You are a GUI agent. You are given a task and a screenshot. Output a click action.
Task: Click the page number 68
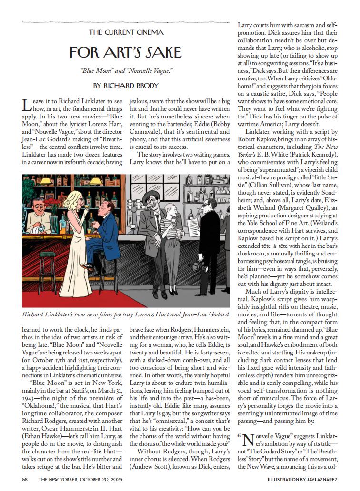tap(25, 479)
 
